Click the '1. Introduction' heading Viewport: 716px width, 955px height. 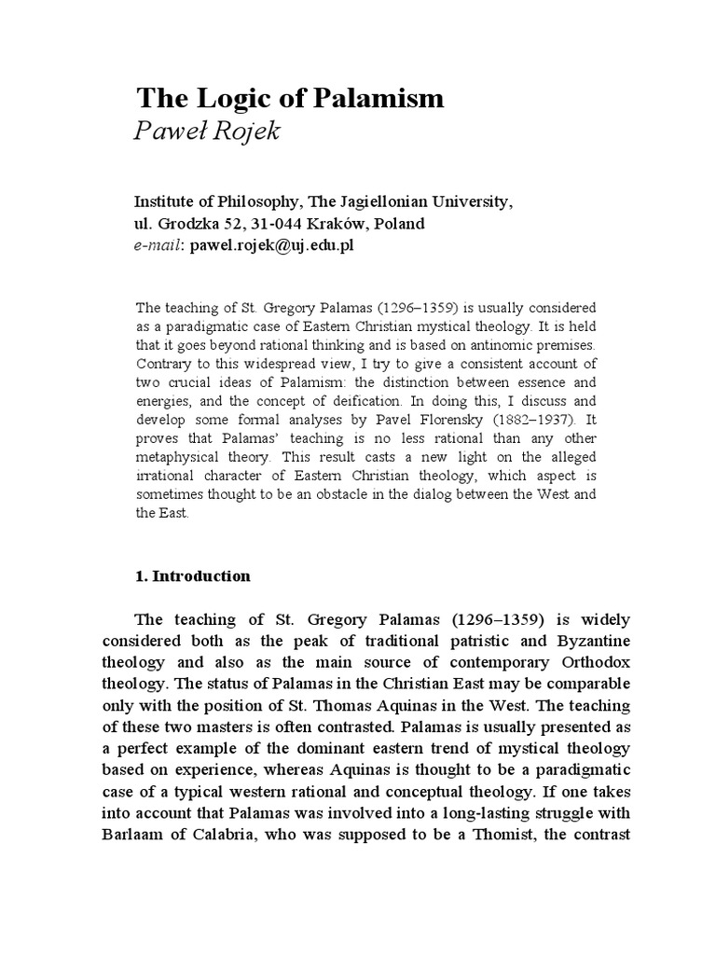(193, 575)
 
